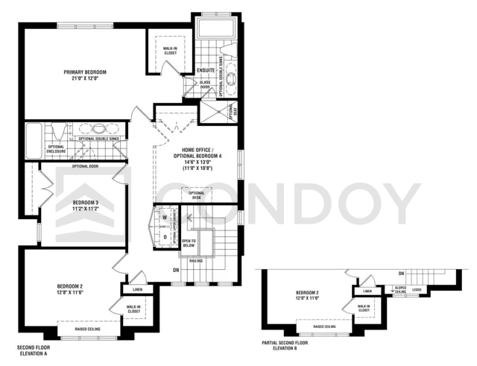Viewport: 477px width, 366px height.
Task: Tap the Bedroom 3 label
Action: point(85,206)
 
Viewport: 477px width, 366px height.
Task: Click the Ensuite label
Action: point(206,71)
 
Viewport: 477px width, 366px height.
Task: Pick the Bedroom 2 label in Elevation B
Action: point(307,294)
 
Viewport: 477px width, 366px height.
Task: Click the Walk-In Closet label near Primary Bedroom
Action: point(169,51)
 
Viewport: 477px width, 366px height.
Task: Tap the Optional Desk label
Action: point(196,195)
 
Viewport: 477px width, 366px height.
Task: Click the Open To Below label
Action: point(189,244)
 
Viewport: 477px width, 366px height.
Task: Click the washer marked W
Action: point(165,219)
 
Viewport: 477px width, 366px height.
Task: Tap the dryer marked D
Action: point(165,237)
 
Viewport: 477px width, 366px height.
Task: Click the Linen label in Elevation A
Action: point(137,289)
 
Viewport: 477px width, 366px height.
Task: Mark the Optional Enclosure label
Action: point(57,149)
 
